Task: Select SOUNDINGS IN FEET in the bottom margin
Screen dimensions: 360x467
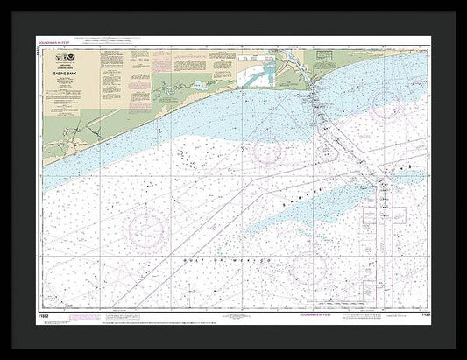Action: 318,314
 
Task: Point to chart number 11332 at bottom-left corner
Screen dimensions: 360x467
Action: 45,314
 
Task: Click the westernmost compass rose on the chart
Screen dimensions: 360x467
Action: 145,230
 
